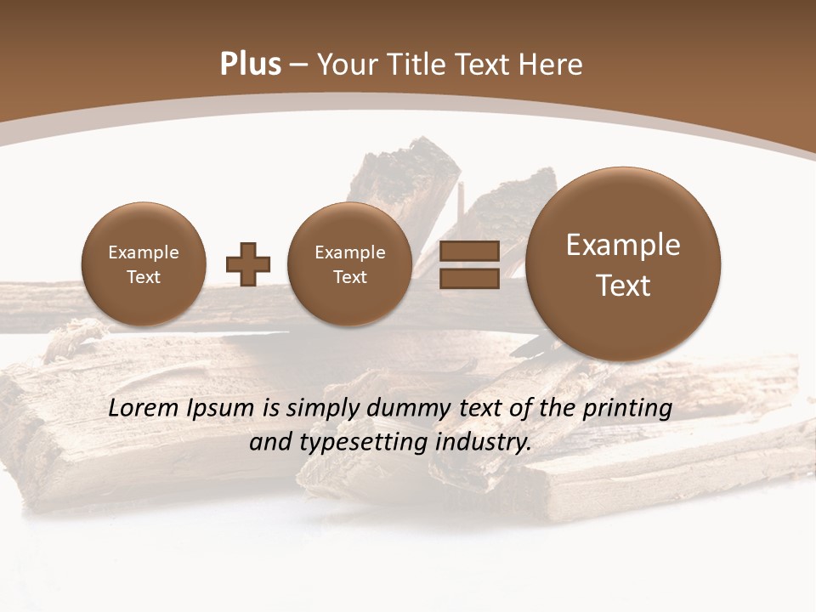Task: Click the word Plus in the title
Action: click(250, 65)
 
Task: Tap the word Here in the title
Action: click(552, 65)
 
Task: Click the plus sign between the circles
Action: click(248, 264)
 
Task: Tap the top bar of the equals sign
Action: click(468, 252)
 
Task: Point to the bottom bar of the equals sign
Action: click(468, 280)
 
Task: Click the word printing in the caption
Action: click(627, 409)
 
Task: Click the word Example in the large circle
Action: click(623, 245)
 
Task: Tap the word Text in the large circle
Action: click(623, 286)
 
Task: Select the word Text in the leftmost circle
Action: click(144, 277)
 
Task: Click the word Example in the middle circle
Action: click(350, 252)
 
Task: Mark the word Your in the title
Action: click(346, 65)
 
